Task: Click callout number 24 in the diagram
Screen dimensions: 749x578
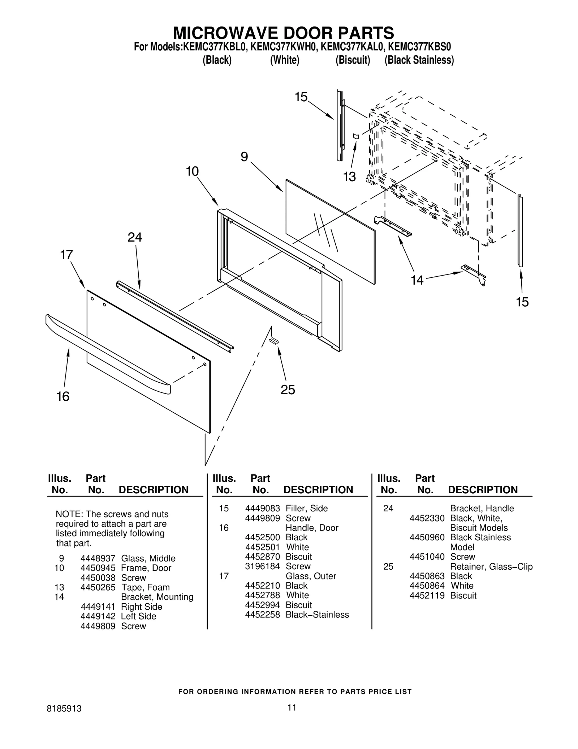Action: click(135, 237)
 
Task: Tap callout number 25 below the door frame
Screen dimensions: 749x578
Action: click(288, 390)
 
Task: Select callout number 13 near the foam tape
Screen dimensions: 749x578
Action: click(349, 177)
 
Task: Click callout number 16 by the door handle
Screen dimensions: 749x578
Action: click(63, 396)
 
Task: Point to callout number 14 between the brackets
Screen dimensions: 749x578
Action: click(417, 280)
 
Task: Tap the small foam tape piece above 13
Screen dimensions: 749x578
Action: click(355, 136)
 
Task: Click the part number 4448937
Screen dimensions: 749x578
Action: click(98, 558)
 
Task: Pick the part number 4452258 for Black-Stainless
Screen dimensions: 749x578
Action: click(262, 614)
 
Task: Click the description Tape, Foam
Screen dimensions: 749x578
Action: click(145, 587)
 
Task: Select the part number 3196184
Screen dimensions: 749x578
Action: click(262, 566)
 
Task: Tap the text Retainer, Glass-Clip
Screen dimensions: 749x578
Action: click(491, 566)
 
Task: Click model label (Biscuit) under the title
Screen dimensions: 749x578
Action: click(353, 60)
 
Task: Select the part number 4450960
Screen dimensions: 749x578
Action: click(427, 537)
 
